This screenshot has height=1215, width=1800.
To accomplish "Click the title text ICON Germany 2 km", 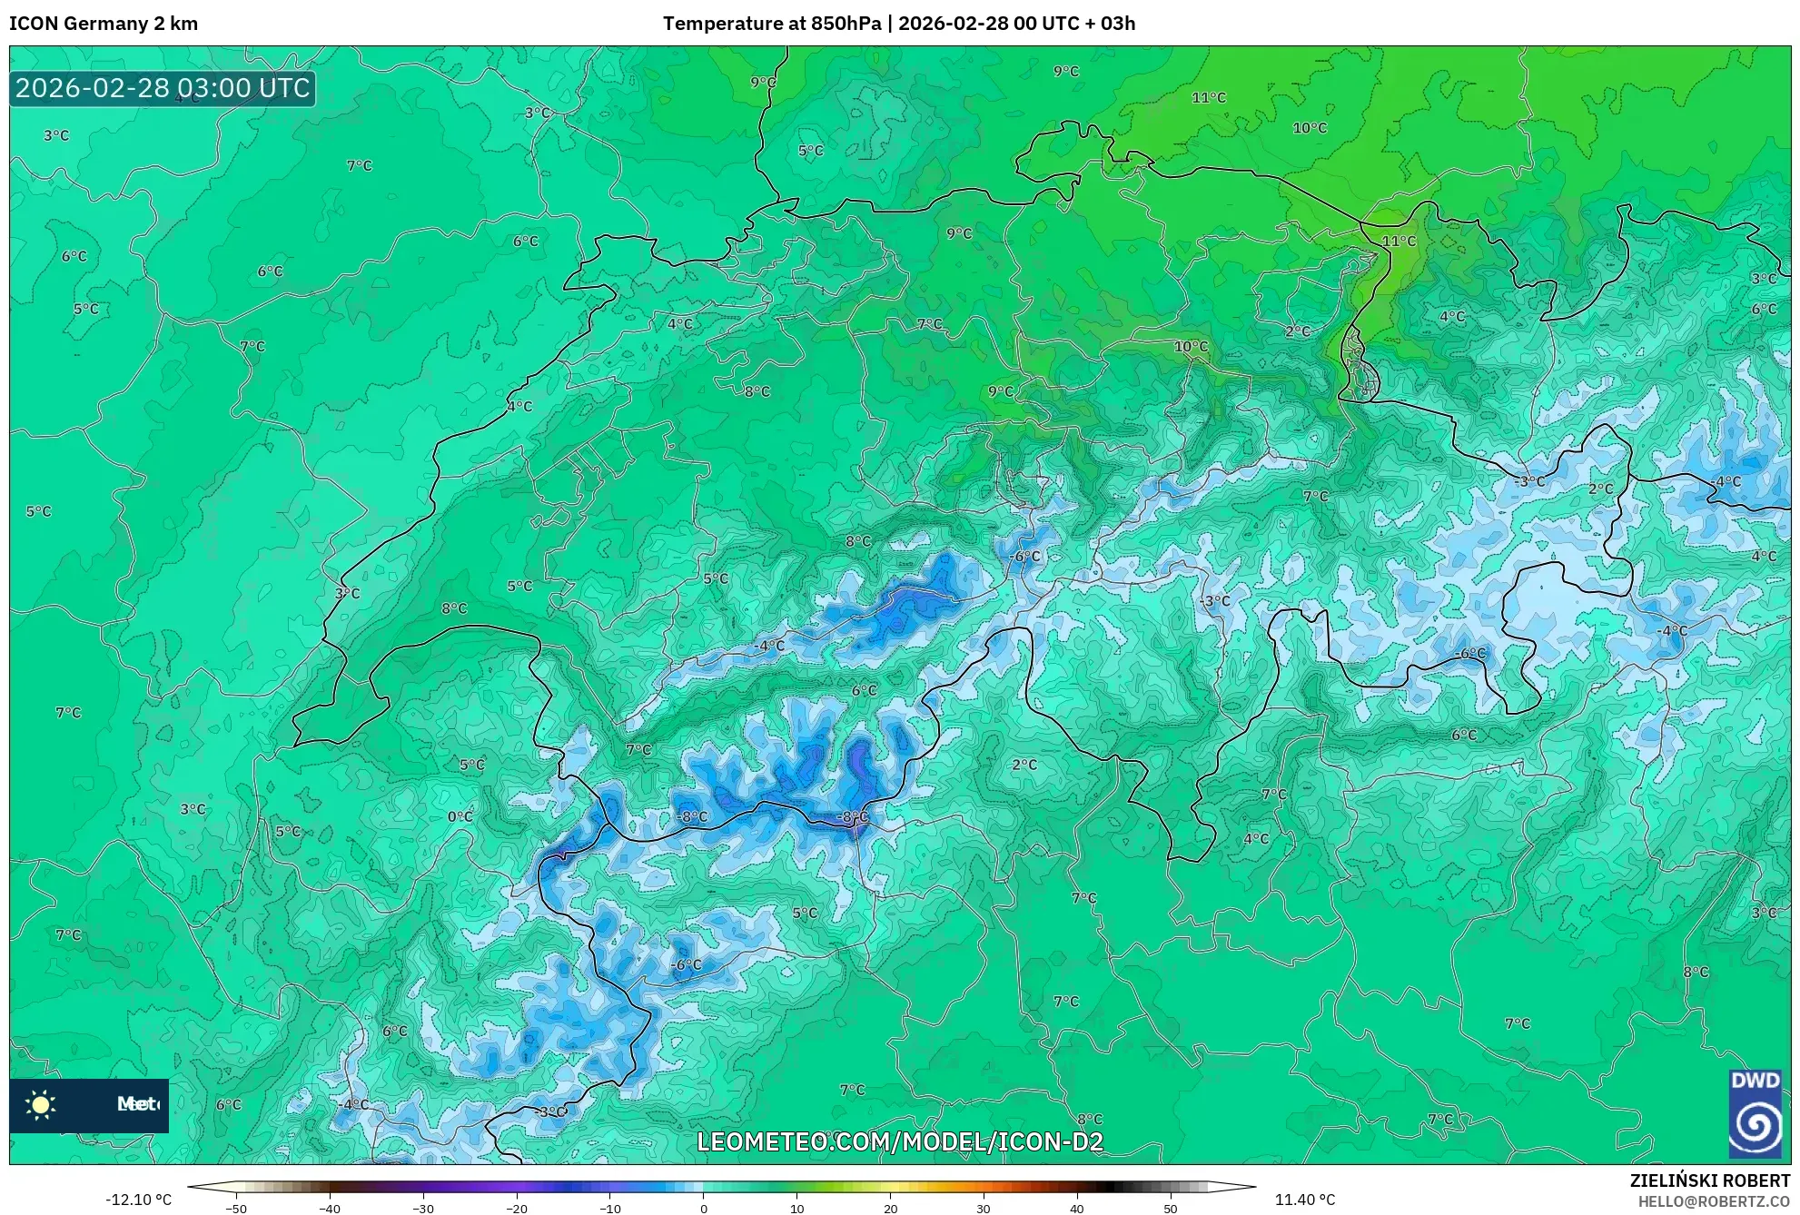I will coord(104,24).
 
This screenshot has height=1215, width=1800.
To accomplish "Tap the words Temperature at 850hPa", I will coord(772,24).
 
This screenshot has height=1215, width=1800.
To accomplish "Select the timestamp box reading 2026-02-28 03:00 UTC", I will coord(163,88).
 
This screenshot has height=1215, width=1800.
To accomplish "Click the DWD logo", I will coord(1755,1114).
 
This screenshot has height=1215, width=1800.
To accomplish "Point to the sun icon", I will coord(41,1104).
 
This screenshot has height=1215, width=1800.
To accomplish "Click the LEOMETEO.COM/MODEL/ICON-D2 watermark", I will coord(900,1141).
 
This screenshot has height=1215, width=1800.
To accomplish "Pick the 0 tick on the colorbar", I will coord(704,1208).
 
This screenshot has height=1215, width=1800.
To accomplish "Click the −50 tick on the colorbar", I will coord(236,1208).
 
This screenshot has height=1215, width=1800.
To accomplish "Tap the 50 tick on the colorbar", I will coord(1171,1208).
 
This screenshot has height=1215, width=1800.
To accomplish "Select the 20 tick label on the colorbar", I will coord(891,1208).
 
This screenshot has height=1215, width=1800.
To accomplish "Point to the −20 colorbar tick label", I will coord(517,1208).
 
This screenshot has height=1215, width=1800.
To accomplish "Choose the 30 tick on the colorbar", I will coord(984,1208).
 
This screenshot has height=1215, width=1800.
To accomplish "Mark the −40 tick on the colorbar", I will coord(330,1208).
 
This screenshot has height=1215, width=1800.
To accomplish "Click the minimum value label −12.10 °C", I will coord(138,1200).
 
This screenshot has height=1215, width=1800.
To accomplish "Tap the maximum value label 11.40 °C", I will coord(1304,1200).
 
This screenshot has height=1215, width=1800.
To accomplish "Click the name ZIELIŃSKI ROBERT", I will coord(1709,1180).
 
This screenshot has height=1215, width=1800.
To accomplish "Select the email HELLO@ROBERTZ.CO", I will coord(1714,1201).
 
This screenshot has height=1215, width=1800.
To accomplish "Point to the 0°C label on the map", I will coord(460,816).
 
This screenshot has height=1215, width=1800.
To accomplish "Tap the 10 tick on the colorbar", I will coord(797,1208).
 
